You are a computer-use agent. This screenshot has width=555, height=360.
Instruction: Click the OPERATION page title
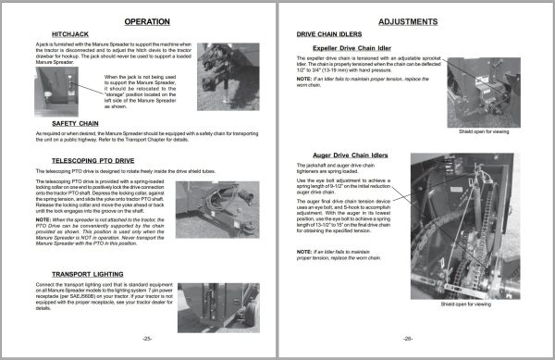click(141, 20)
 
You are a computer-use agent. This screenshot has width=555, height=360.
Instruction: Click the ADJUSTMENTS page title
click(413, 20)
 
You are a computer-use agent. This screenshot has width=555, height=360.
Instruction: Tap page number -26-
click(409, 340)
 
